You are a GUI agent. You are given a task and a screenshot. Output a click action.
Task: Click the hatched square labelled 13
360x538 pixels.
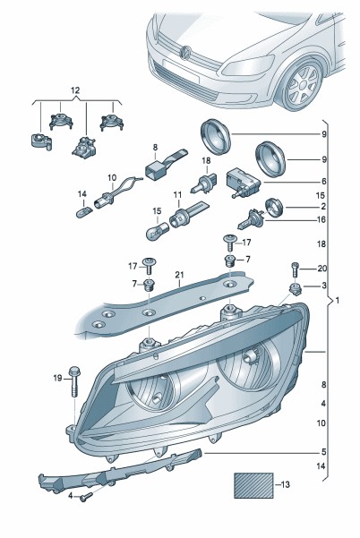tap(253, 485)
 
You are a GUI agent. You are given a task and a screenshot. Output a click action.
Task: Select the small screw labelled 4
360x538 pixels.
tap(86, 497)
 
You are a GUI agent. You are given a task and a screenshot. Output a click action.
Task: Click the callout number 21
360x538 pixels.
tap(179, 275)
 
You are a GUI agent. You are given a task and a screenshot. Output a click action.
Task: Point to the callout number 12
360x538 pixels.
tap(75, 90)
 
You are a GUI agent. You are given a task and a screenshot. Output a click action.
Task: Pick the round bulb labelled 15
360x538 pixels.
tap(158, 231)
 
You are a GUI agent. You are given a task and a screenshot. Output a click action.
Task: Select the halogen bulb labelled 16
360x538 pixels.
tap(251, 219)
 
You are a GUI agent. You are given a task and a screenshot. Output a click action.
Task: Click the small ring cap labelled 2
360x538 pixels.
tap(275, 208)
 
